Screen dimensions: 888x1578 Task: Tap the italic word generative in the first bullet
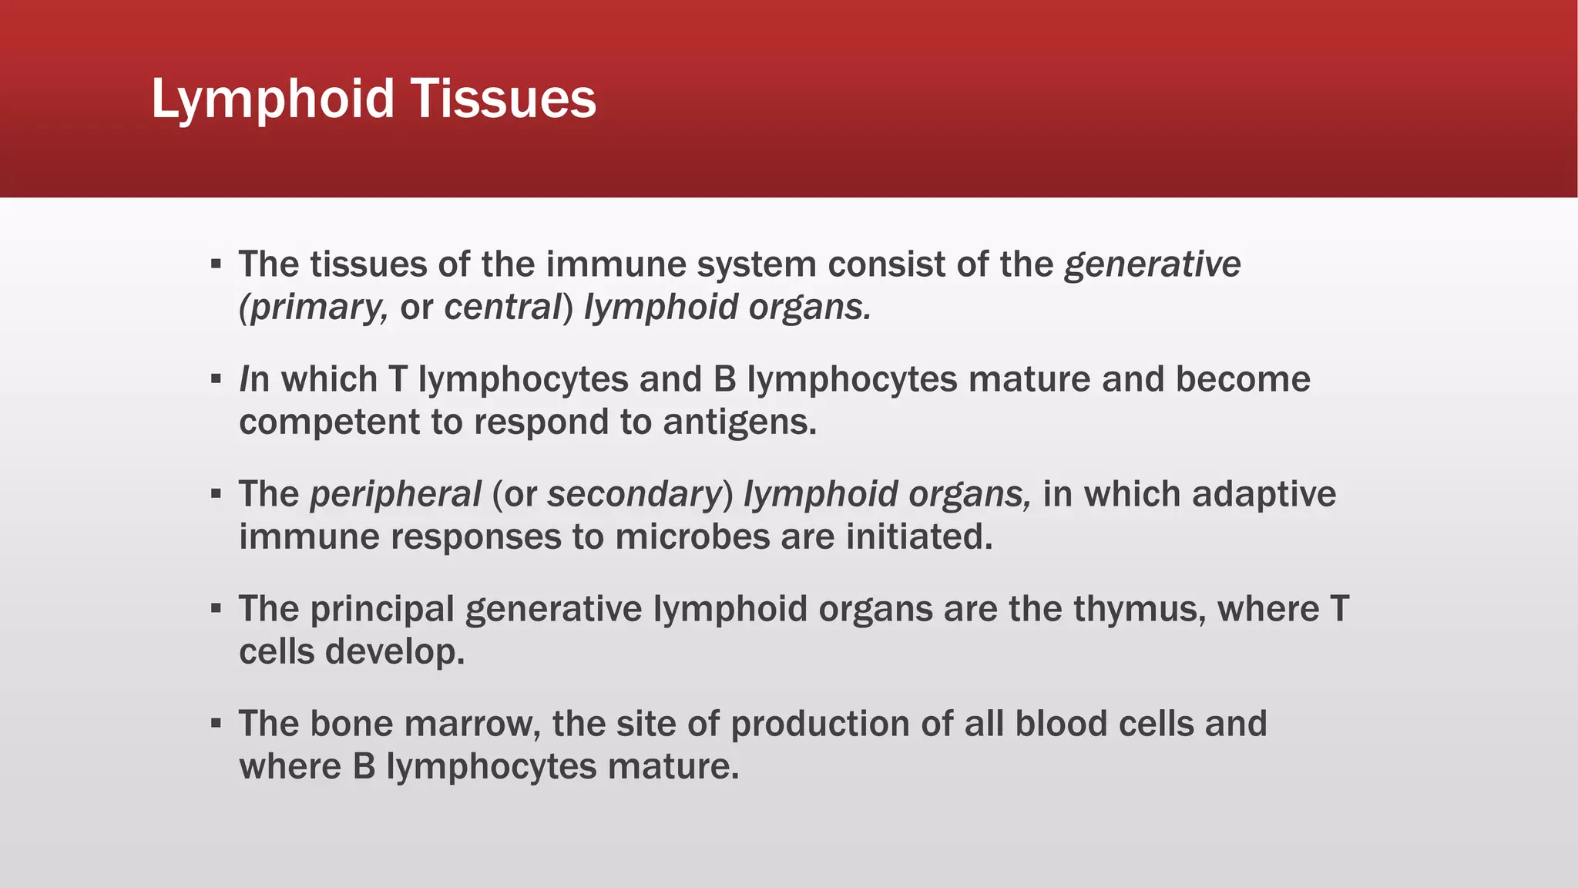click(x=1153, y=265)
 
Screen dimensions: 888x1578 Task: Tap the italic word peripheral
click(x=395, y=495)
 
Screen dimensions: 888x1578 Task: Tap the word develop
click(x=395, y=652)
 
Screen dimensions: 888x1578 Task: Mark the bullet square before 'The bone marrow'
click(x=216, y=724)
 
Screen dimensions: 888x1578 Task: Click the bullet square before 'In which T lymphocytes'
click(x=216, y=379)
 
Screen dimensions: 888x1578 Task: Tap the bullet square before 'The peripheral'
click(x=216, y=494)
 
